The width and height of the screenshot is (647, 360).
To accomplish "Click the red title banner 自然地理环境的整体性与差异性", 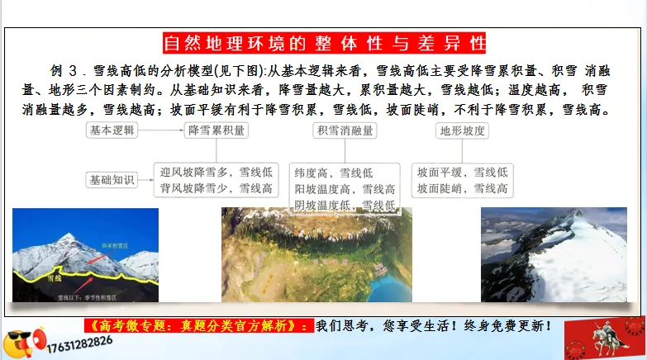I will coord(324,42).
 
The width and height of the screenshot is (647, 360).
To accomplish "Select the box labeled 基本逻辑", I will coord(112,130).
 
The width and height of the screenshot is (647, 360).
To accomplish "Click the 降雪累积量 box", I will coord(216,130).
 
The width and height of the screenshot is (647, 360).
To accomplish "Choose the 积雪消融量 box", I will coord(345,130).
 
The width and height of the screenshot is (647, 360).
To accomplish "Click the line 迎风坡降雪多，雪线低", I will coord(216,173).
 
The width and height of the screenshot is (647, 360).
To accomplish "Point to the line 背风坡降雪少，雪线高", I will coord(216,188).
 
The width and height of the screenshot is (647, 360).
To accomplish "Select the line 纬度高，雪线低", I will coord(334,173).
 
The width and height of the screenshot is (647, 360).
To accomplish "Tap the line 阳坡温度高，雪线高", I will coord(345,189).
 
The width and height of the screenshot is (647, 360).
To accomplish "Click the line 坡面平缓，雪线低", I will coord(462,173).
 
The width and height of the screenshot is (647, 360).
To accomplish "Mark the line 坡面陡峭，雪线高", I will coord(462,188).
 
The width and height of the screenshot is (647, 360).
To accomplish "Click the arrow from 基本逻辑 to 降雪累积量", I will coord(160,130).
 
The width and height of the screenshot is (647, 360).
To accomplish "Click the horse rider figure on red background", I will coord(604,337).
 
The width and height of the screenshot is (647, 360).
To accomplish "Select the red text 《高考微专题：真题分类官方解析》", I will coord(198,325).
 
